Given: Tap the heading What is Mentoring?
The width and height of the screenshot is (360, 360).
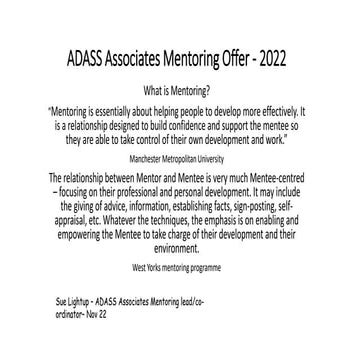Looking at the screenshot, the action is pos(180,87).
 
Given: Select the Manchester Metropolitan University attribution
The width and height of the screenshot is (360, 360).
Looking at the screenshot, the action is pos(180,157).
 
